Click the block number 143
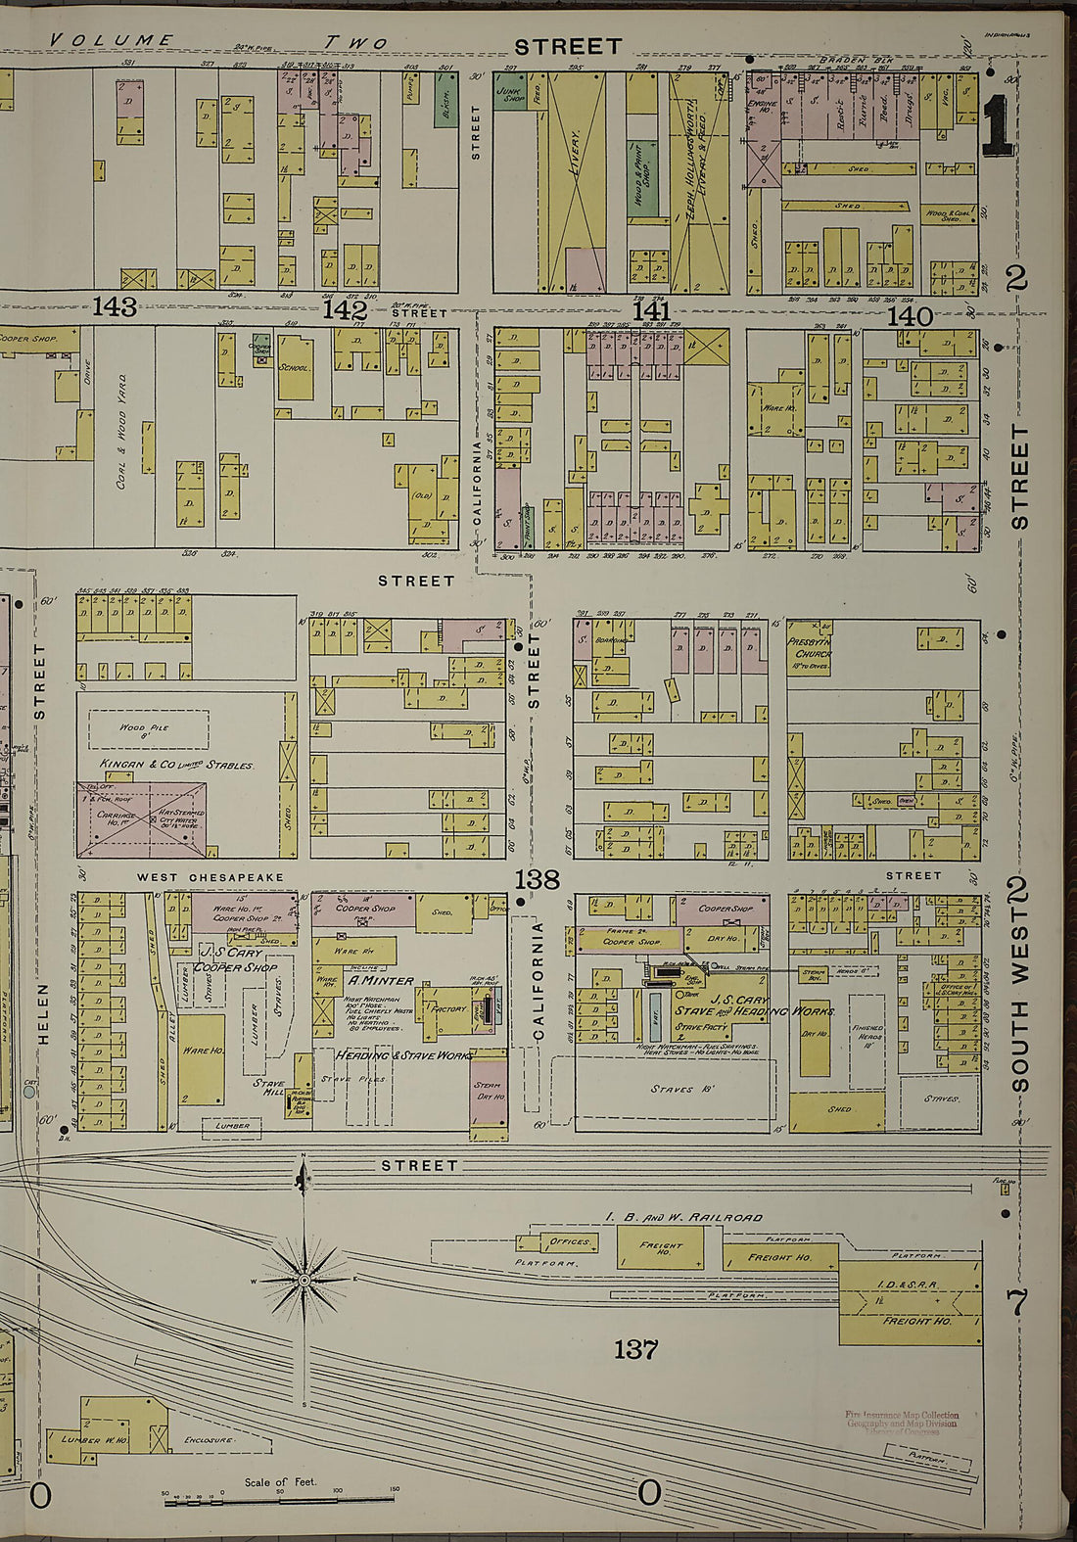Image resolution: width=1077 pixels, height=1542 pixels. point(114,307)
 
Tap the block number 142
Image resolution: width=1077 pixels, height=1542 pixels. point(345,310)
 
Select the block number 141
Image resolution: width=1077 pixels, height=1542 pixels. point(650,311)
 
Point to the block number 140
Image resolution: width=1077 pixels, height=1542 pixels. point(911,315)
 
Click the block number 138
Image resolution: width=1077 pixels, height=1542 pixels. point(538,879)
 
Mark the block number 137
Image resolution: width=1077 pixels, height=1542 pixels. point(635,1350)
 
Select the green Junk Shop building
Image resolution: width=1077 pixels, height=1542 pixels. point(509,90)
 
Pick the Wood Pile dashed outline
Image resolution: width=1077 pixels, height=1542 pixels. point(149,730)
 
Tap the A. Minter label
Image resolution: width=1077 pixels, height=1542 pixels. point(381,980)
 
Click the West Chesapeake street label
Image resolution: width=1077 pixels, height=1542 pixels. point(211,878)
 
